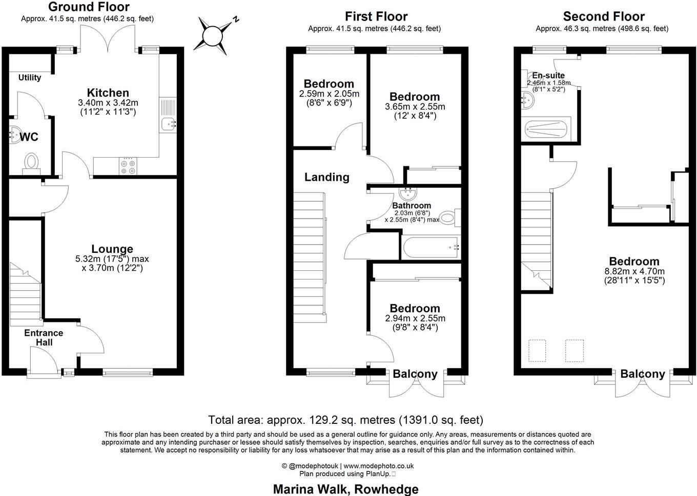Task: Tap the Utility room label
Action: [30, 78]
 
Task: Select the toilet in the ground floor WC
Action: [31, 162]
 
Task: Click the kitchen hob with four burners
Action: [128, 166]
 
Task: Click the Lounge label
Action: [112, 249]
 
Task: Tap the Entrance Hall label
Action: [44, 337]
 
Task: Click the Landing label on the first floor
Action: [326, 177]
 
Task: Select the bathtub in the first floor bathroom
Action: [431, 248]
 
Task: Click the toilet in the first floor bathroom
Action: [448, 219]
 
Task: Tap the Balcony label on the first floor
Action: [415, 374]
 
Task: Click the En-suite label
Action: [545, 75]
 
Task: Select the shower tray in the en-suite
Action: [545, 129]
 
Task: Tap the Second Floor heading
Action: [604, 16]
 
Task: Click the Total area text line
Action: [345, 420]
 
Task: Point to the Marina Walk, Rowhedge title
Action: [345, 489]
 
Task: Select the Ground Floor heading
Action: [89, 7]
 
